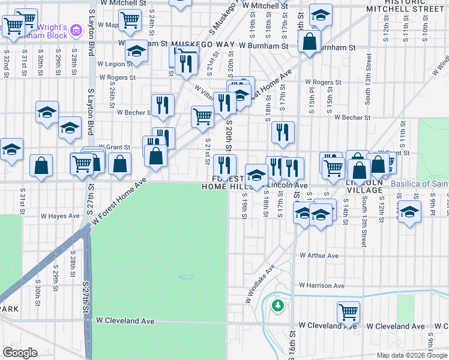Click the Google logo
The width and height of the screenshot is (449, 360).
pos(20,353)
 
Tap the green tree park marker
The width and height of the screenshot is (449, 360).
pos(277,306)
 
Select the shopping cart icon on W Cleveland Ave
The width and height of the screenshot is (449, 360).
pos(348,312)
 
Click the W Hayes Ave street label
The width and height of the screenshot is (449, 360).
pos(60,216)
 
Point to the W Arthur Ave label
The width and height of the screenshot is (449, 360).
pos(319,256)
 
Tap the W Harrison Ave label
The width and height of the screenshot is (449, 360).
pos(322,286)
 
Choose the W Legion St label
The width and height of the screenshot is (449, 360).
pos(109,63)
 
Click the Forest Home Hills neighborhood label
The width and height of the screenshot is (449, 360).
pos(228,182)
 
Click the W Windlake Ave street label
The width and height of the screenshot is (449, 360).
pos(259,283)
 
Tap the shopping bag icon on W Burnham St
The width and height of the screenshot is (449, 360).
pos(309,43)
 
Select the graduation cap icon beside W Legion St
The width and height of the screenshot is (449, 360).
pos(137,53)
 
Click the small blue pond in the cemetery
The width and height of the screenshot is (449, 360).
pos(186,277)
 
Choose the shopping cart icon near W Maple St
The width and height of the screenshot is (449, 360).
pos(130,20)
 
